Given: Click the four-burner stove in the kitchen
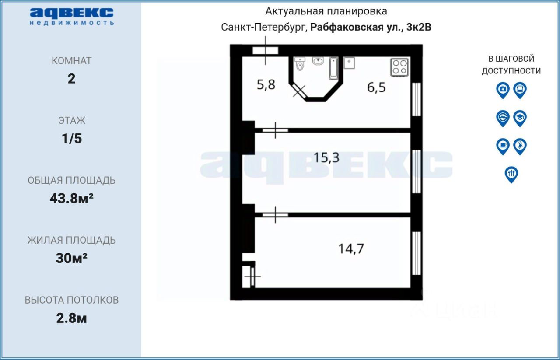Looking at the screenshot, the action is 399,67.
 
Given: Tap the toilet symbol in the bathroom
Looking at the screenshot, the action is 300,64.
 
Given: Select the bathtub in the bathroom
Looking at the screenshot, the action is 334,69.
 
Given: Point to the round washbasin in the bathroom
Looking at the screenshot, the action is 318,61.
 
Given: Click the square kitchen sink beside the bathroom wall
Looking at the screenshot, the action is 349,63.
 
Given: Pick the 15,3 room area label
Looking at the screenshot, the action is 326,158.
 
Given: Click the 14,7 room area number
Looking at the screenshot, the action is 351,249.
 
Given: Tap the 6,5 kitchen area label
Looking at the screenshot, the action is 376,87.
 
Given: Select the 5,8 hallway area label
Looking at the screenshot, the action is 266,84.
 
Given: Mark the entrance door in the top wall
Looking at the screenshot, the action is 265,50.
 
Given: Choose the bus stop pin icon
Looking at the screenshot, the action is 520,90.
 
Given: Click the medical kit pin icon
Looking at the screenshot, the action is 503,90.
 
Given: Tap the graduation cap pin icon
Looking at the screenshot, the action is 520,118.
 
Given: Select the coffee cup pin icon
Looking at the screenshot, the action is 503,147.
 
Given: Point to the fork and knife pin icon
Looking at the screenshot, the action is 511,175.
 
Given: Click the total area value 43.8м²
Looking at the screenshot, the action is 71,199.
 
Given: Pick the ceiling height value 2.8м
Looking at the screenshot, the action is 71,318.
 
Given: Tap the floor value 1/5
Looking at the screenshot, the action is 72,139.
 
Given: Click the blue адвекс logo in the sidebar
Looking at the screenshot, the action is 72,17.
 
